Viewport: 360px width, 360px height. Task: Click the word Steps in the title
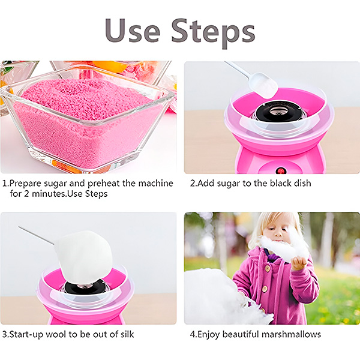coord(213,32)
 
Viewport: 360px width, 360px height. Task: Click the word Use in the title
coord(132,31)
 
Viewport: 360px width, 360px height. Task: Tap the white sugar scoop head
coord(263,85)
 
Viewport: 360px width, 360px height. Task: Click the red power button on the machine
coord(280,170)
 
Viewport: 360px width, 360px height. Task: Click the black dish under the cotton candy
coord(85,287)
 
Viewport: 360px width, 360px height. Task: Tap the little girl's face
coord(276,231)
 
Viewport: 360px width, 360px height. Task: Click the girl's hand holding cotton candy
coord(299,263)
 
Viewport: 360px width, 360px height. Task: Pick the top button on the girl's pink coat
coord(267,268)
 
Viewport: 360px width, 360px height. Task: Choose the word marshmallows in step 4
coord(291,334)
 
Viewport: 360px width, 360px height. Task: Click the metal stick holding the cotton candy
coord(36,236)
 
